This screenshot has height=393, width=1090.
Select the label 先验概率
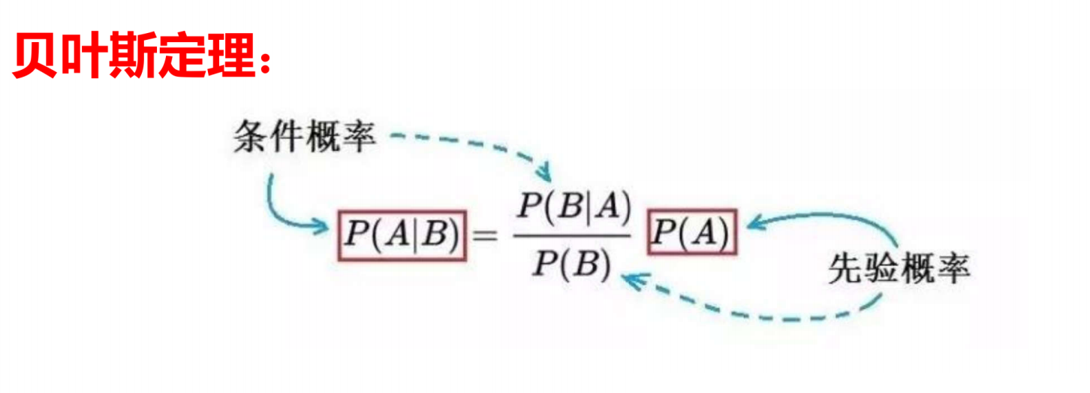pyautogui.click(x=899, y=268)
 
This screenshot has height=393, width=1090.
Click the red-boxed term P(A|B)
pyautogui.click(x=401, y=235)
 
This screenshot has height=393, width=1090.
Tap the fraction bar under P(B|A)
pyautogui.click(x=573, y=235)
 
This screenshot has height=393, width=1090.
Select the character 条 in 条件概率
pyautogui.click(x=251, y=138)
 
